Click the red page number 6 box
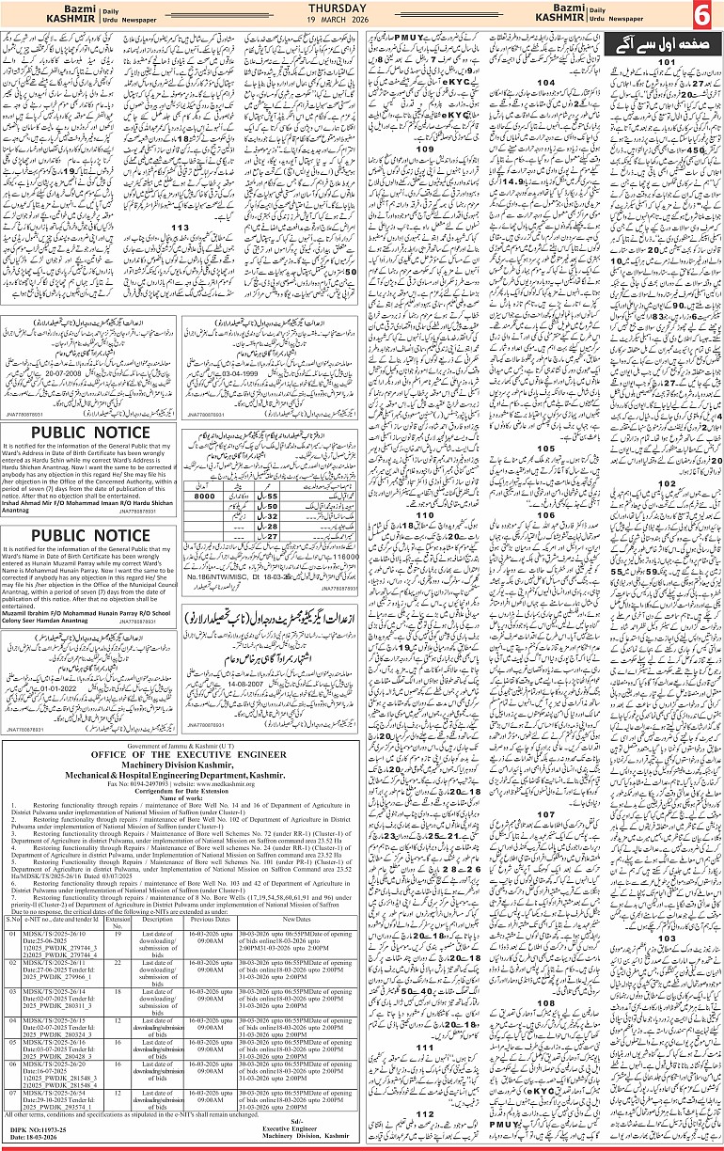704,16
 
